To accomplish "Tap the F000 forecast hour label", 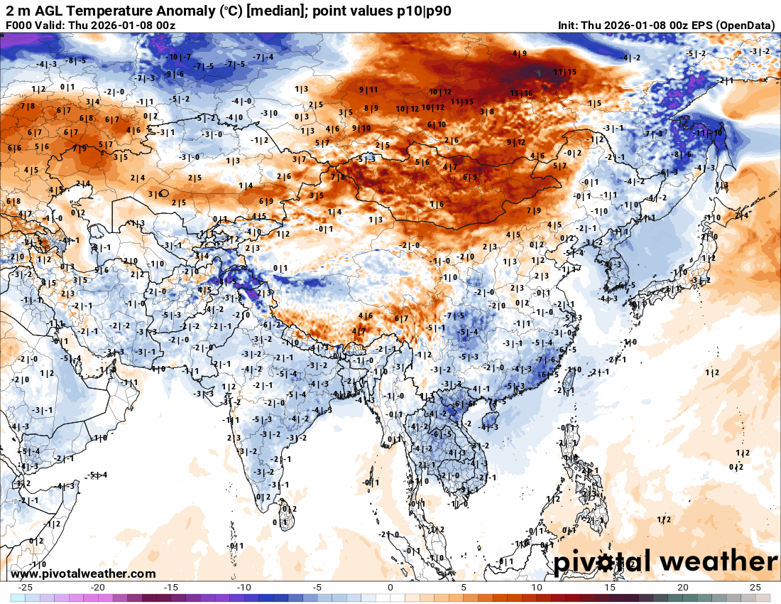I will [x=19, y=26].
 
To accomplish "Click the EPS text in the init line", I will [x=699, y=26].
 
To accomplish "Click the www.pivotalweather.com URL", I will [x=84, y=573].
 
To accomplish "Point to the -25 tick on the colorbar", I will [x=26, y=588].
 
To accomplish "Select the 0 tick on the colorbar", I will [x=390, y=588].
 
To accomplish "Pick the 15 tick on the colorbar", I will [x=609, y=588].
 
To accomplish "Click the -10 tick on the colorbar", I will [x=244, y=588].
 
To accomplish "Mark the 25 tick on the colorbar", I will [x=755, y=588].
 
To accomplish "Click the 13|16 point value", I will [x=521, y=93].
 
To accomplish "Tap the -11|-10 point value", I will [x=709, y=133].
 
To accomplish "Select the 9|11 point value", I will [x=368, y=90].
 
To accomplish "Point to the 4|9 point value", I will [x=520, y=53].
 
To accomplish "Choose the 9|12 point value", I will [x=516, y=142].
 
